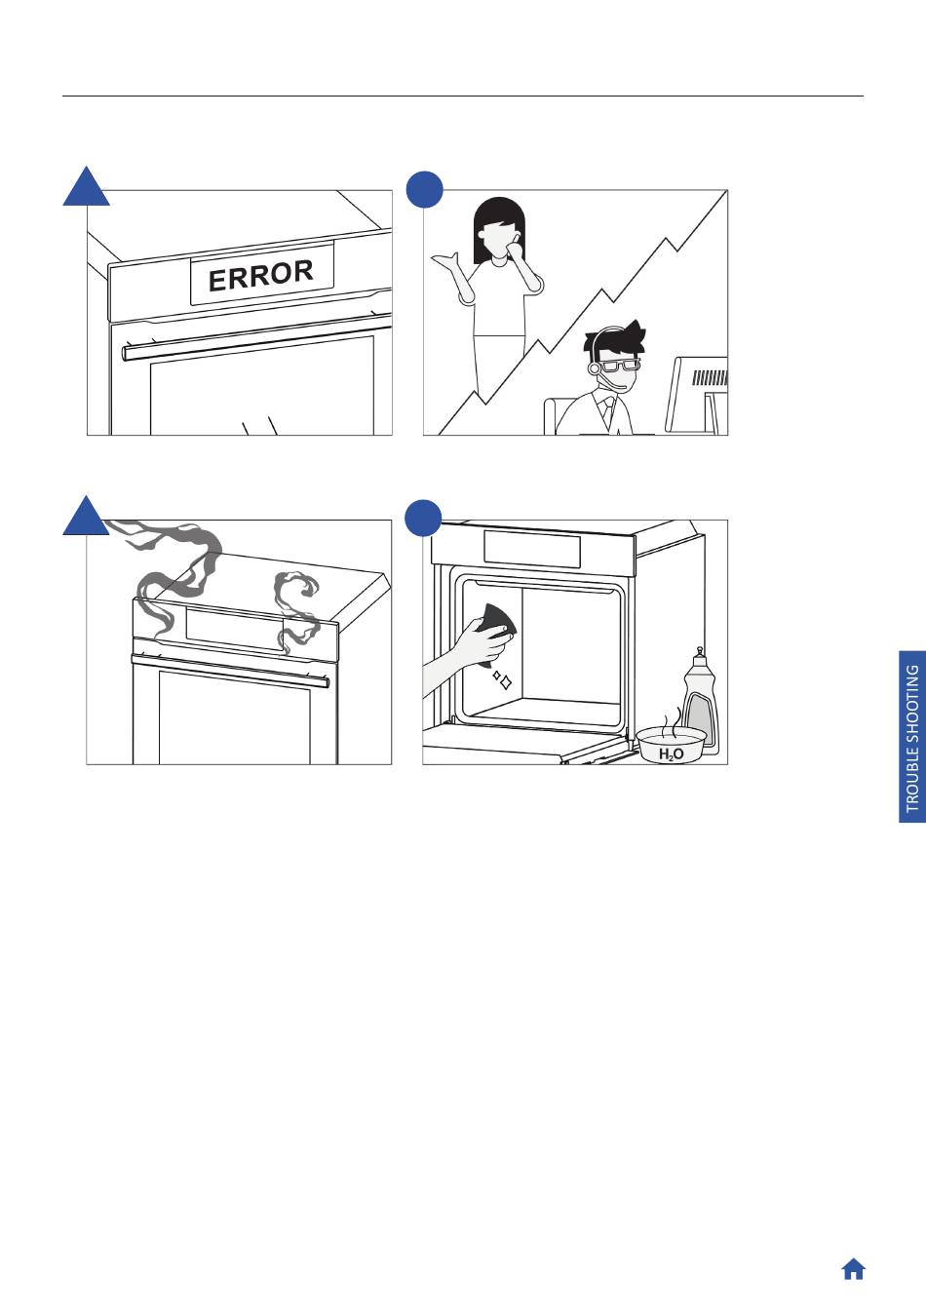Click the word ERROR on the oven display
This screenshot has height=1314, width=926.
(261, 276)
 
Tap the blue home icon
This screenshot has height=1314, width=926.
(853, 1269)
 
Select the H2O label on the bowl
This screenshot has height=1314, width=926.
(671, 754)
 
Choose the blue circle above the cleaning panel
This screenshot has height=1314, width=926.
(424, 518)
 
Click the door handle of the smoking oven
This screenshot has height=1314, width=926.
(230, 671)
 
